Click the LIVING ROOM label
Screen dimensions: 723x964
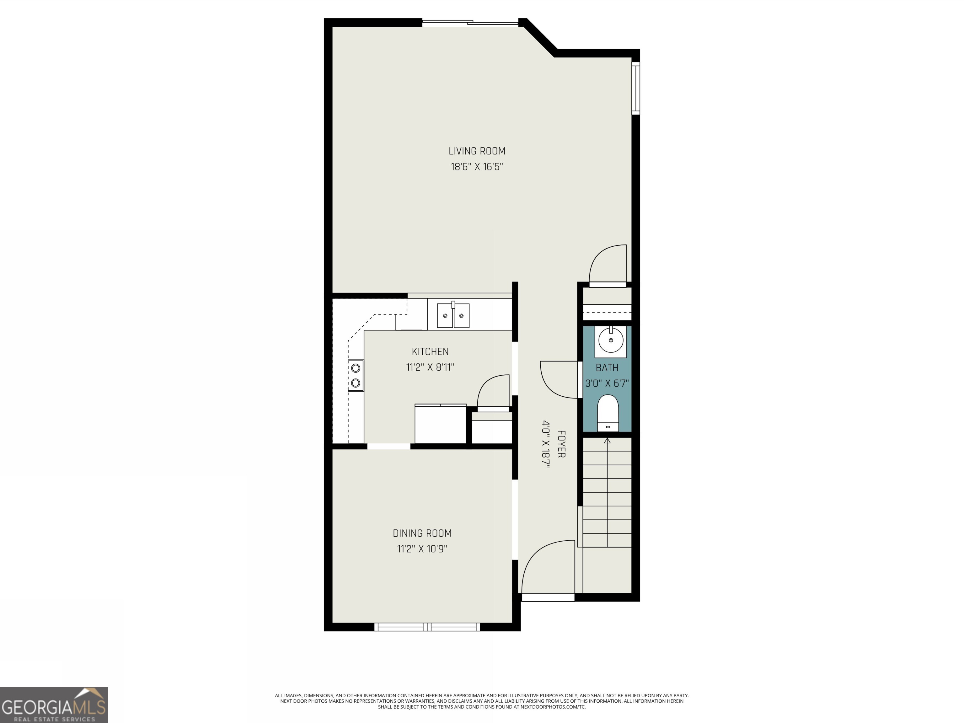pos(477,151)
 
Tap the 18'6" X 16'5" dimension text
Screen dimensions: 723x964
pos(477,167)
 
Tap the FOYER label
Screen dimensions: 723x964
pos(561,444)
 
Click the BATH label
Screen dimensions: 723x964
pos(607,368)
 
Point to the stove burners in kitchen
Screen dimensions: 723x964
pos(356,375)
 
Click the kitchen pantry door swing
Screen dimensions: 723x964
pos(494,393)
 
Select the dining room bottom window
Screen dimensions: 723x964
pos(427,627)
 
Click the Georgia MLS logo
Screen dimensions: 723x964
pos(54,705)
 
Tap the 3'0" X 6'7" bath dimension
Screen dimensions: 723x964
pos(607,383)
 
